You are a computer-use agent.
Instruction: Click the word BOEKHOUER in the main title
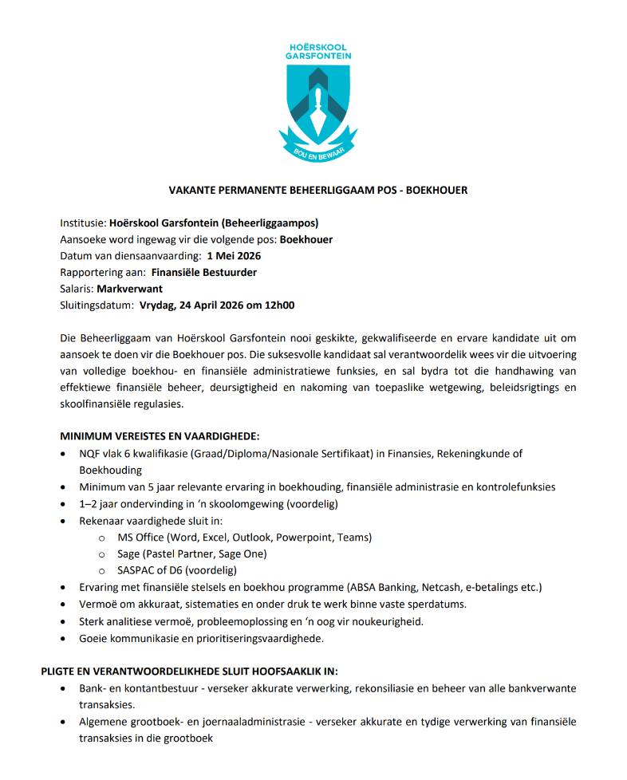436,191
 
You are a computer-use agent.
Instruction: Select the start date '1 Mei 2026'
234,256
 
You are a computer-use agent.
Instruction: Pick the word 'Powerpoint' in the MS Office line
306,537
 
